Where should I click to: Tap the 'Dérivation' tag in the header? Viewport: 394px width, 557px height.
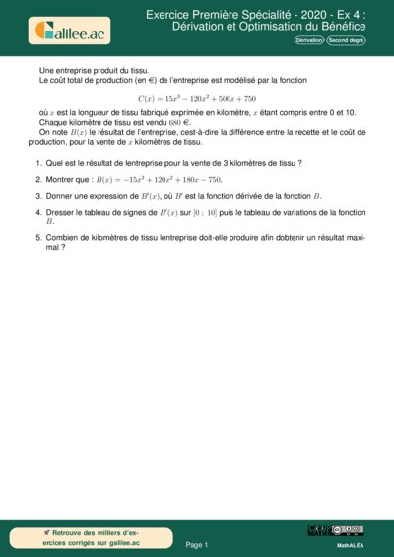(x=309, y=41)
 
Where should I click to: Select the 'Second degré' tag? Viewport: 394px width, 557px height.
(x=346, y=41)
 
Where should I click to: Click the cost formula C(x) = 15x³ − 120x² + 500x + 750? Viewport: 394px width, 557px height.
(x=196, y=99)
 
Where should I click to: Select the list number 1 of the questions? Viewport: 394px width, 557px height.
(x=37, y=162)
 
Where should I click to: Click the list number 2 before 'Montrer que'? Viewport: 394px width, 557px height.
(x=37, y=179)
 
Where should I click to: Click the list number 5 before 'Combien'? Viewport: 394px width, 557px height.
(x=37, y=238)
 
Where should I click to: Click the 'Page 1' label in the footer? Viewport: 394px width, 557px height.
(x=197, y=544)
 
